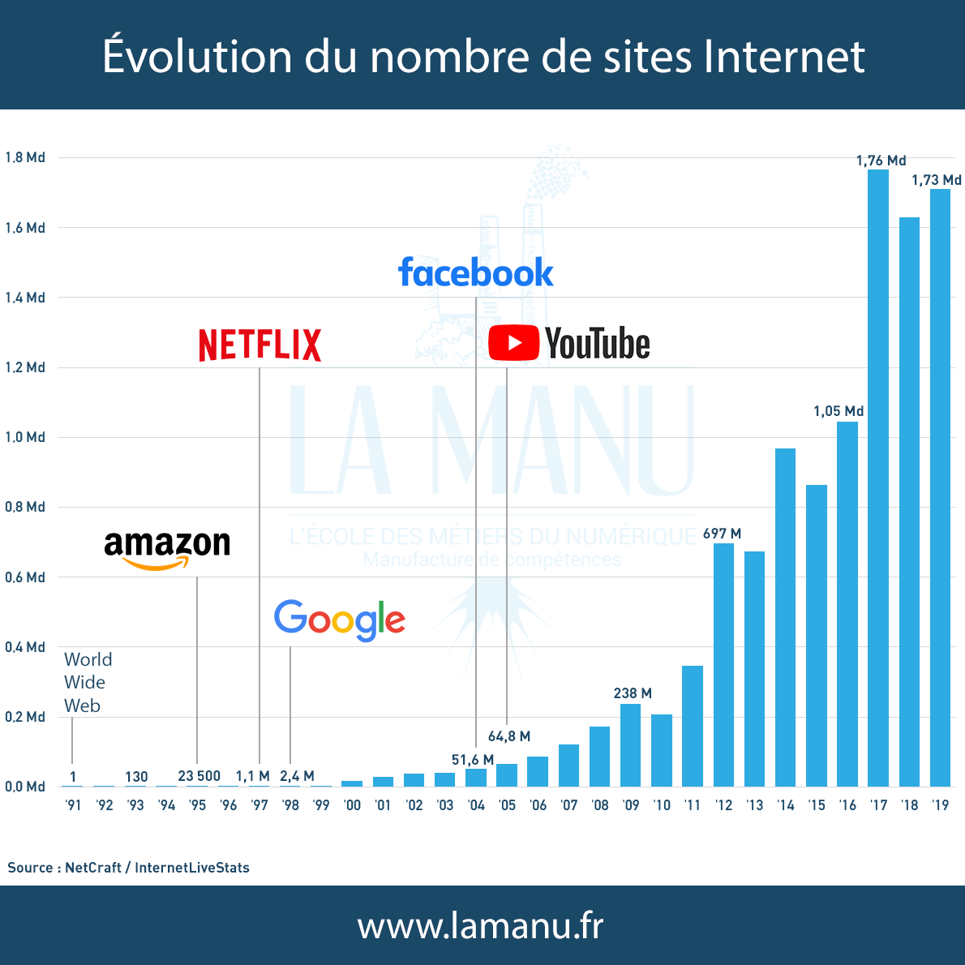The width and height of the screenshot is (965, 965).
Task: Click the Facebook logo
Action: (x=475, y=273)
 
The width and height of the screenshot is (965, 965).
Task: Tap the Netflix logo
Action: (x=259, y=345)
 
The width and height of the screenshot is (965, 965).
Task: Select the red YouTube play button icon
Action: (x=513, y=343)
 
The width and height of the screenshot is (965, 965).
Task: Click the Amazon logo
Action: (x=167, y=548)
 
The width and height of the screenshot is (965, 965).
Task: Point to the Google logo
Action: (x=339, y=620)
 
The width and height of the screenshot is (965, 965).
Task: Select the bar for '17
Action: (x=878, y=478)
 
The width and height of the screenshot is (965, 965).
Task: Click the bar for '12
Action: (x=723, y=665)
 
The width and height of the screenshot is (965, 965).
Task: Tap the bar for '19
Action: (x=940, y=487)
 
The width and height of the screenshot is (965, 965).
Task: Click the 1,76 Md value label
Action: (x=881, y=161)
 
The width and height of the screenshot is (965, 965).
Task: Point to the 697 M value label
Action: (x=722, y=534)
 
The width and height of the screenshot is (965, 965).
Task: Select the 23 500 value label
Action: (x=199, y=776)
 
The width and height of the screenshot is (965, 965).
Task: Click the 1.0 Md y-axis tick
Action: (x=24, y=437)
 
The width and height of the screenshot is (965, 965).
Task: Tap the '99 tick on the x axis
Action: (x=321, y=805)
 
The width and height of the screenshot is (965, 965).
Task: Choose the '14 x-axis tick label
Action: (x=785, y=805)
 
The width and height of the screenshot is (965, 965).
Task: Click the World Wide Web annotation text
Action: (x=88, y=682)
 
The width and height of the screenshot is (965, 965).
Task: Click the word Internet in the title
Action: (x=784, y=57)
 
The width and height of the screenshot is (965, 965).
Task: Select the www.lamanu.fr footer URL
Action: (x=481, y=925)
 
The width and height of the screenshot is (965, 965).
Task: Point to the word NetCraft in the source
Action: (x=93, y=868)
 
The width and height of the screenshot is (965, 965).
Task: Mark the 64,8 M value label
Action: (x=508, y=736)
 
